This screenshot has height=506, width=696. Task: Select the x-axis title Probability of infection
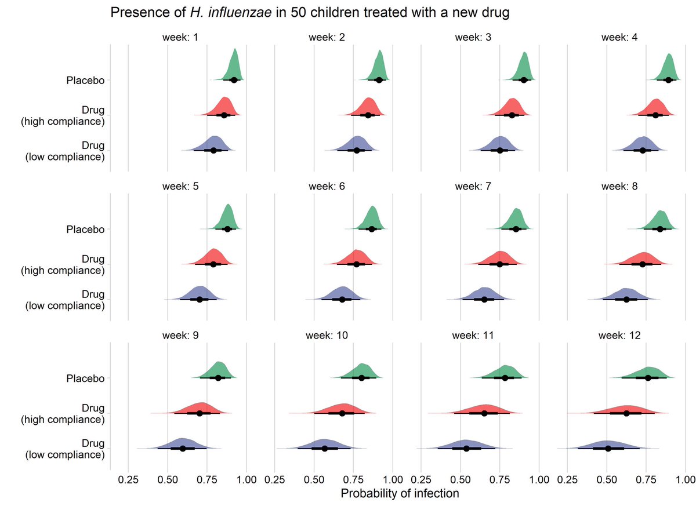click(400, 494)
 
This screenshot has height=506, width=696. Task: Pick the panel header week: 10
click(329, 336)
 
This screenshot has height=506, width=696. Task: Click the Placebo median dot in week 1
click(234, 80)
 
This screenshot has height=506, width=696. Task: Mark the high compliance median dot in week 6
click(357, 264)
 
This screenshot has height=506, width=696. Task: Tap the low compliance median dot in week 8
click(626, 300)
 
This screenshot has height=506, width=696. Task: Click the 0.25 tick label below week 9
click(128, 480)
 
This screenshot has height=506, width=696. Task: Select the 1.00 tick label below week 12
click(686, 480)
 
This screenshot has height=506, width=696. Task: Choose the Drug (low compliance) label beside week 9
click(65, 449)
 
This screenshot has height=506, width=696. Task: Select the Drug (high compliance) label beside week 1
click(65, 115)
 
